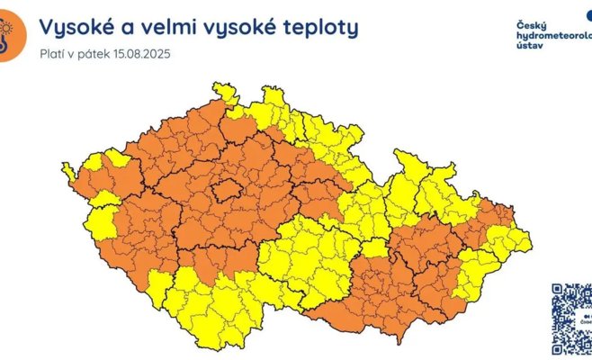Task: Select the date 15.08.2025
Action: point(140,54)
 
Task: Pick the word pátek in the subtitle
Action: point(93,54)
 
